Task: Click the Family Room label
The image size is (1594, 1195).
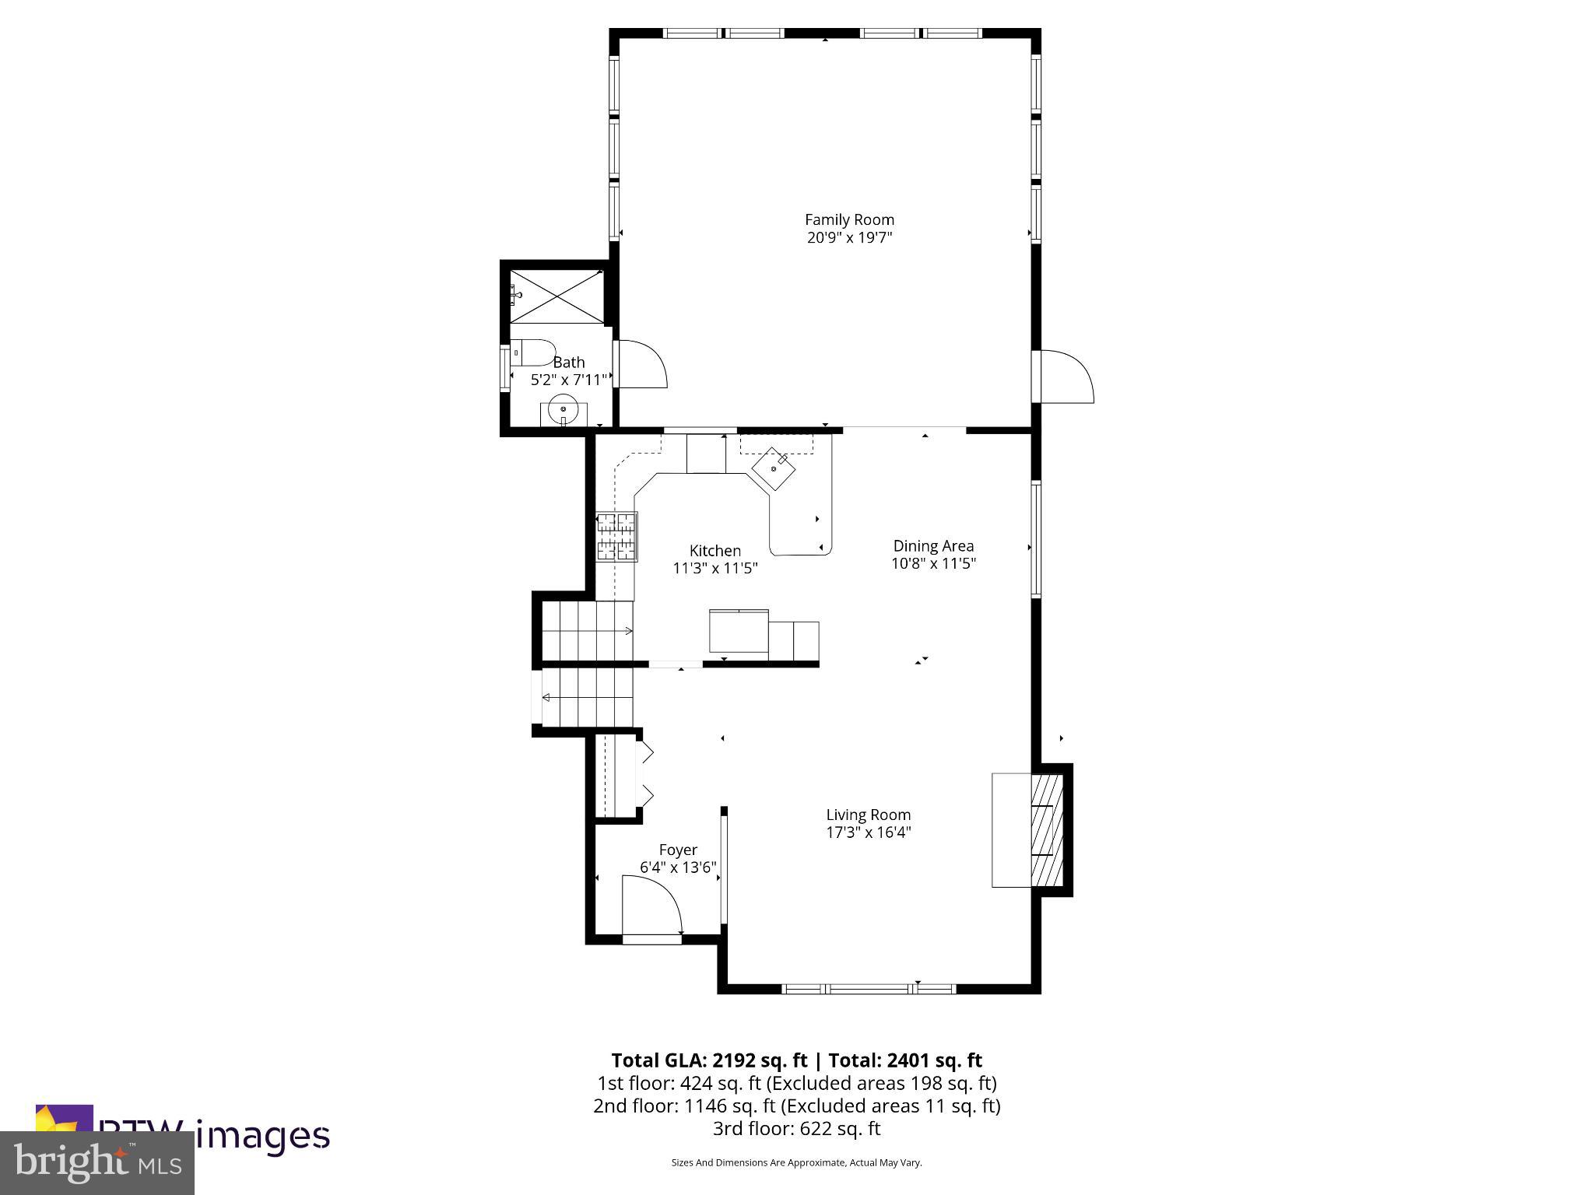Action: click(849, 220)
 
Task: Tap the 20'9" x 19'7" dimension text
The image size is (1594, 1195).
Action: click(849, 238)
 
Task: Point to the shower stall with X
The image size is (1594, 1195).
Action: click(556, 296)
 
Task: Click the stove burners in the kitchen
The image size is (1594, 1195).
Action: click(617, 537)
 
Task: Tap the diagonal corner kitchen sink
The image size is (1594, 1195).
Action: click(773, 468)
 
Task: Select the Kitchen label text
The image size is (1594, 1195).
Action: click(714, 551)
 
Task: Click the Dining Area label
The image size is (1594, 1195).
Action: click(933, 546)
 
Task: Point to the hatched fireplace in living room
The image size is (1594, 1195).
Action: click(1047, 830)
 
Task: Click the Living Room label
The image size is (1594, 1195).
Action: click(868, 815)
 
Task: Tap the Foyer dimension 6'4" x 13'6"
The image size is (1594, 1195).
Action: click(677, 867)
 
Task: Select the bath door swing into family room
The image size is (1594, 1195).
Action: click(643, 363)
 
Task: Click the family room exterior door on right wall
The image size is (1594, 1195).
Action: click(1066, 377)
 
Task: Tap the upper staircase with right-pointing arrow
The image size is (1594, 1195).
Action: click(588, 631)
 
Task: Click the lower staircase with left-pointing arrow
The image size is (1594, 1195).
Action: click(588, 698)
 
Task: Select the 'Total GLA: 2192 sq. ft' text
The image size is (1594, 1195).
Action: click(709, 1060)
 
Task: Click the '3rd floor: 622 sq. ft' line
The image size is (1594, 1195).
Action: click(796, 1128)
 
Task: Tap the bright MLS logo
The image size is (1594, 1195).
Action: click(97, 1162)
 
